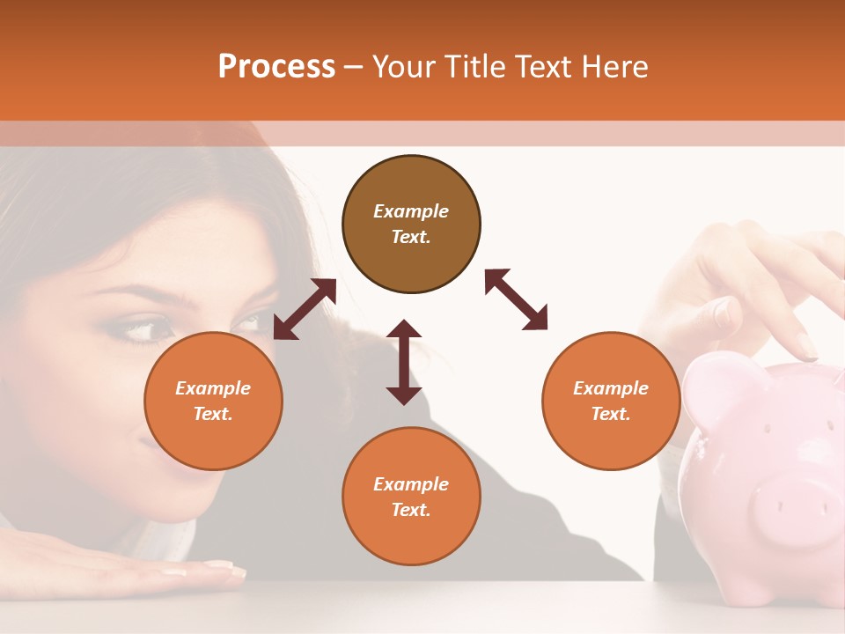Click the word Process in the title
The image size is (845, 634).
[x=276, y=67]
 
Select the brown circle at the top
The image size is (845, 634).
[x=411, y=224]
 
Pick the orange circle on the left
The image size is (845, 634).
[x=213, y=401]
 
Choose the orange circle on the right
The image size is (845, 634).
[x=611, y=401]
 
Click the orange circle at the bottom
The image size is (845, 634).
[x=411, y=497]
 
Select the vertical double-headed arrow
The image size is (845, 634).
[x=404, y=362]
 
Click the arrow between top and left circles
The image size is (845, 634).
[x=305, y=309]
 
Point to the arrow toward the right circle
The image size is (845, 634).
[x=516, y=299]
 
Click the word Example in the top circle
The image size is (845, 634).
[x=411, y=211]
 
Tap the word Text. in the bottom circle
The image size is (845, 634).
[x=411, y=510]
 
